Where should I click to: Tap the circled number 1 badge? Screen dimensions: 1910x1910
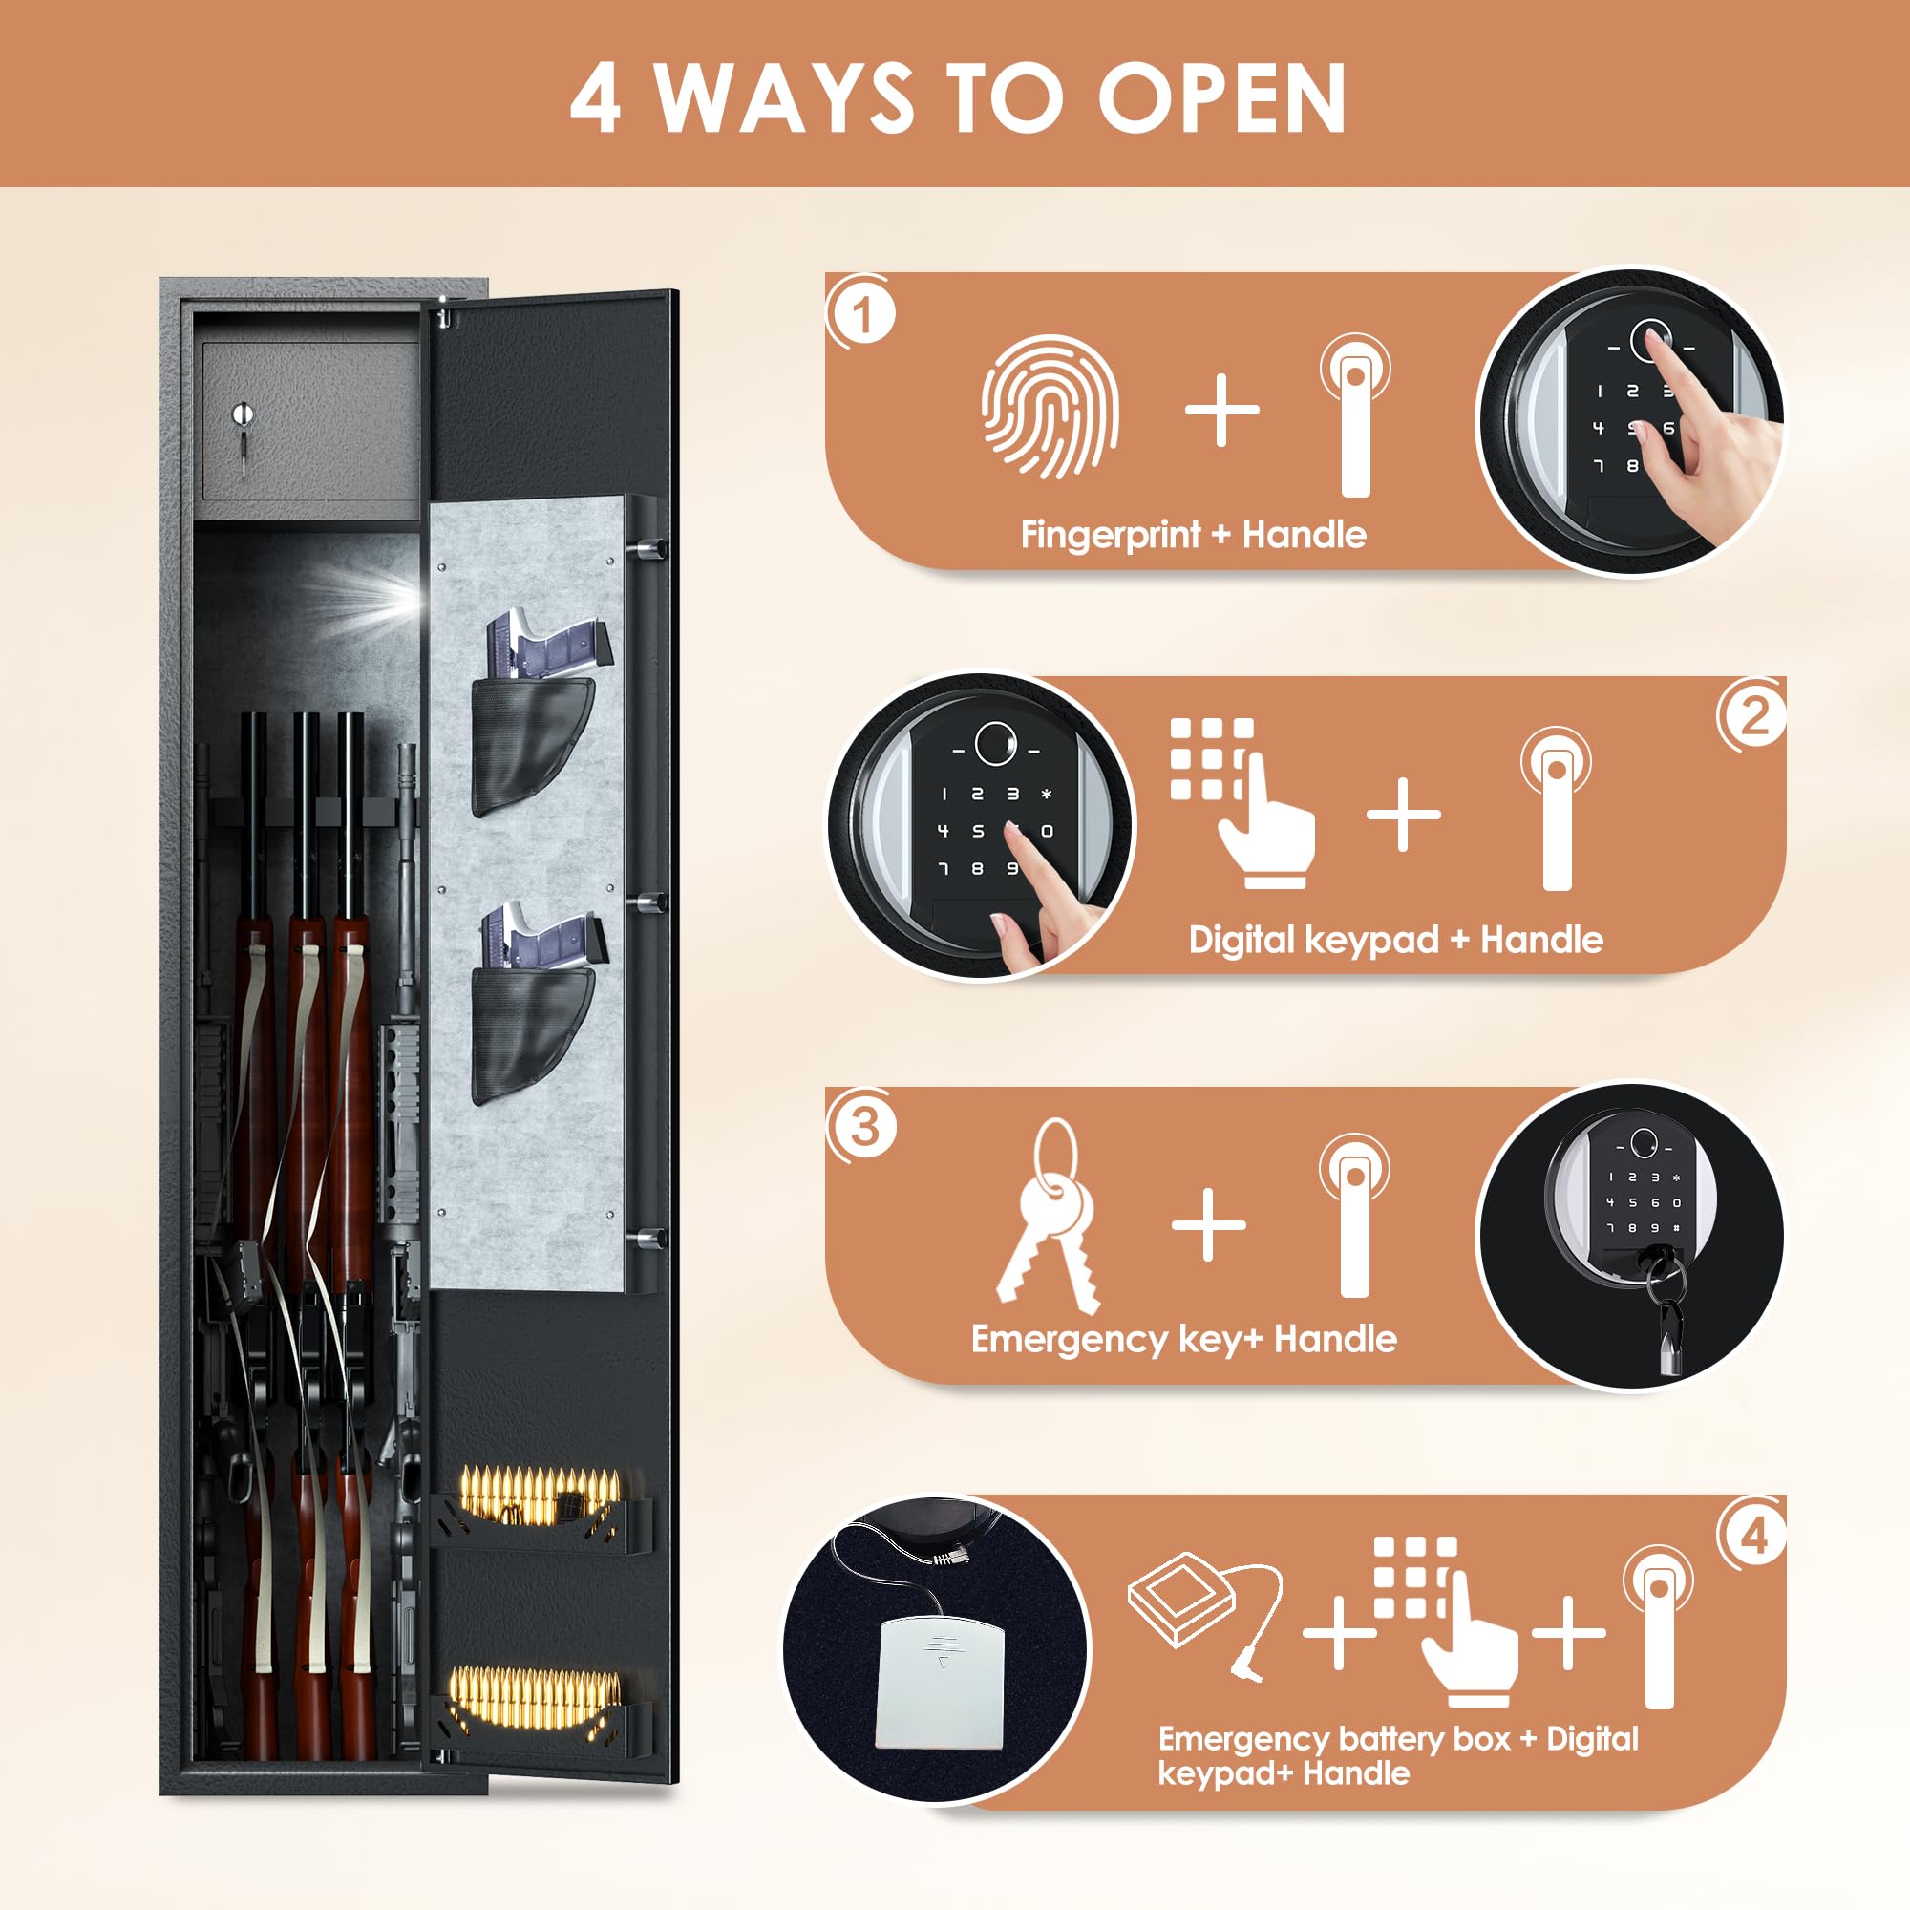coord(862,315)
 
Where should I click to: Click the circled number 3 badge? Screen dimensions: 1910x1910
coord(863,1126)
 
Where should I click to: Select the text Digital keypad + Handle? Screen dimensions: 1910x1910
coord(1395,939)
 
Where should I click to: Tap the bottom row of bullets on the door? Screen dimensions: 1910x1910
coord(535,1696)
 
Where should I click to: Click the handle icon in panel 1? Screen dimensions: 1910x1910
coord(1355,415)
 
